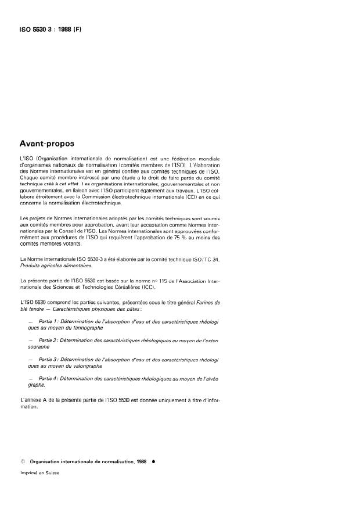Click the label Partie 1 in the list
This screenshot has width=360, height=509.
pos(48,321)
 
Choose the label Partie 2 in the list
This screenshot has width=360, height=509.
pos(48,339)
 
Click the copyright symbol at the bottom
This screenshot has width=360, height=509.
pos(22,460)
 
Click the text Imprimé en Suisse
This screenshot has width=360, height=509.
pos(39,472)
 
